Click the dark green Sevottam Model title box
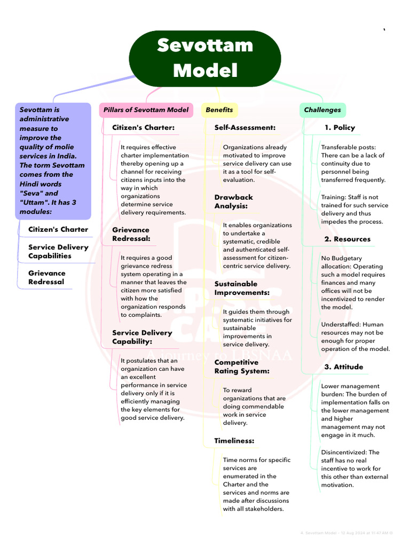coord(205,58)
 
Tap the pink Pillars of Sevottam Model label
coord(146,110)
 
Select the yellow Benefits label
coord(219,110)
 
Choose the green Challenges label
coord(322,110)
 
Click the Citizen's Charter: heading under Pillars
coord(143,128)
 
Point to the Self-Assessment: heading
coord(245,128)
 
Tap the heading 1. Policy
coord(340,128)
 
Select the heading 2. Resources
coord(347,239)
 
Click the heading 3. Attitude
coord(343,367)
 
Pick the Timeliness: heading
coord(234,441)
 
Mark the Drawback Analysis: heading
coord(234,202)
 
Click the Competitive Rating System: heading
coord(242,367)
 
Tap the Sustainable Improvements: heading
coord(242,288)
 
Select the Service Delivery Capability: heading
coord(142,337)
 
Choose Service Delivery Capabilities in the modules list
coord(58,252)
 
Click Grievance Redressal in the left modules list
coord(47,278)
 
